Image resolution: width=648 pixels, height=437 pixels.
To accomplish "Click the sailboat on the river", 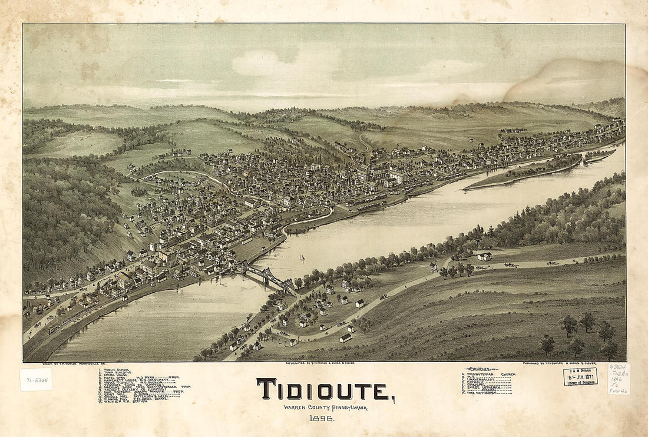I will [302, 257].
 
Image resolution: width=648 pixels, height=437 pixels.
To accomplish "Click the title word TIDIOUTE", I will [325, 390].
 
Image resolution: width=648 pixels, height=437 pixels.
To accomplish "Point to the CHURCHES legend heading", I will [481, 369].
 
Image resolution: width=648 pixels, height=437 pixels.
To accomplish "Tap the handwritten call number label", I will [619, 379].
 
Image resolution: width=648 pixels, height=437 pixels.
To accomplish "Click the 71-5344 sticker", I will [35, 379].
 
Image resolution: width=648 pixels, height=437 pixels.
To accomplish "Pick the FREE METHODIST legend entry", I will [483, 393].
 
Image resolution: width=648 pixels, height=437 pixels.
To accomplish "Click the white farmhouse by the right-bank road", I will [485, 256].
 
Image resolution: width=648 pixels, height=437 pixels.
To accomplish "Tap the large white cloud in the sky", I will [277, 64].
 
